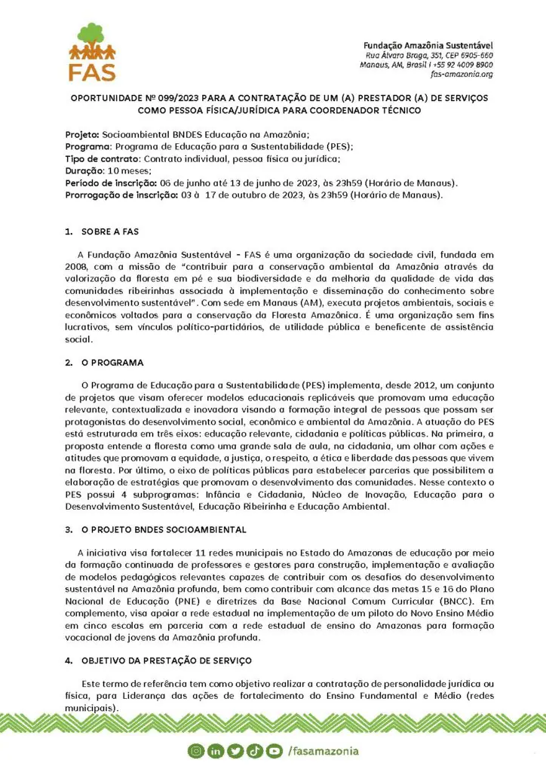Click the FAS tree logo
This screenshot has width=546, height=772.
[x=92, y=51]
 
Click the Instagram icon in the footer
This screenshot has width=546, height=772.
[x=197, y=751]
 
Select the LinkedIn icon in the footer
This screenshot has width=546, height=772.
[x=216, y=751]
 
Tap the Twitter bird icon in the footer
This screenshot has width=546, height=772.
[x=235, y=751]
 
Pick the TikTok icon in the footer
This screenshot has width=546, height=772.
[x=253, y=751]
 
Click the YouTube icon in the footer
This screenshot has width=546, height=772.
[x=272, y=751]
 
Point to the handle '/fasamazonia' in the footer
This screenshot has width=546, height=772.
[x=323, y=751]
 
